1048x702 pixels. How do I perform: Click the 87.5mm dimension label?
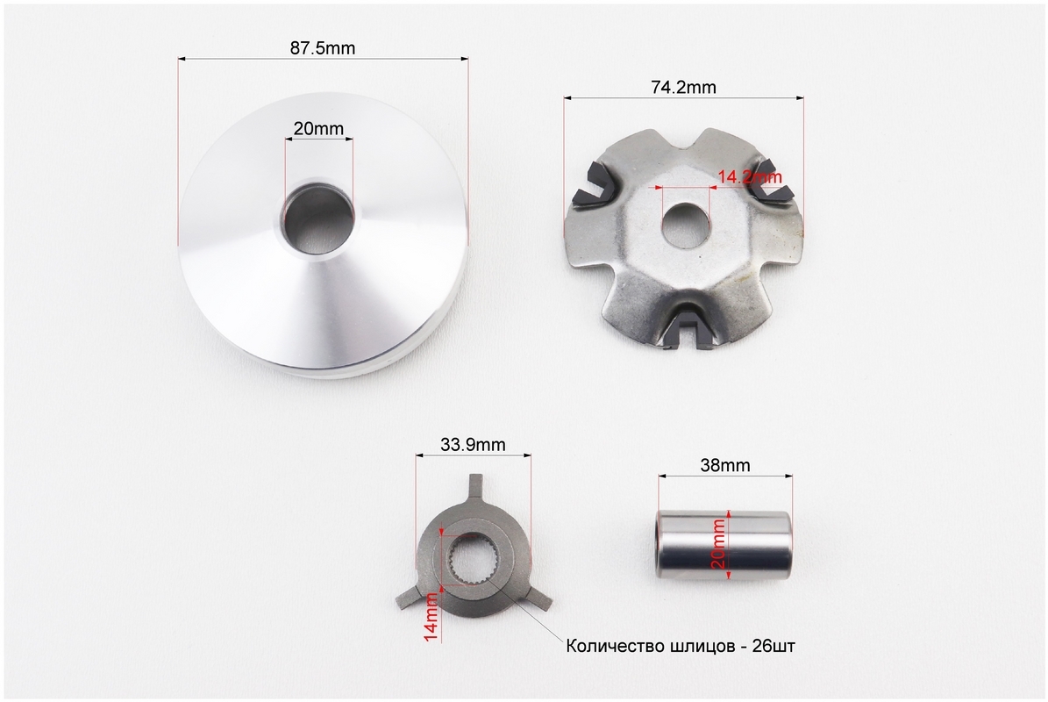(322, 48)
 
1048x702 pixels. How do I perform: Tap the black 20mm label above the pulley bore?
(318, 128)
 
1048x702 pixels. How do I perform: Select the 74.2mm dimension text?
(683, 88)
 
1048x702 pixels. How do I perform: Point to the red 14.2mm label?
(749, 177)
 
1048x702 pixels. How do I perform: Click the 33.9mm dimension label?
(473, 445)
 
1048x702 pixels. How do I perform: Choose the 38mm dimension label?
(725, 465)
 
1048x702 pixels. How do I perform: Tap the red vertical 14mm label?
(431, 616)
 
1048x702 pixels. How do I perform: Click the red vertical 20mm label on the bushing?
(718, 544)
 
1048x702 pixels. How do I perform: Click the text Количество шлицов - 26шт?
(681, 646)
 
